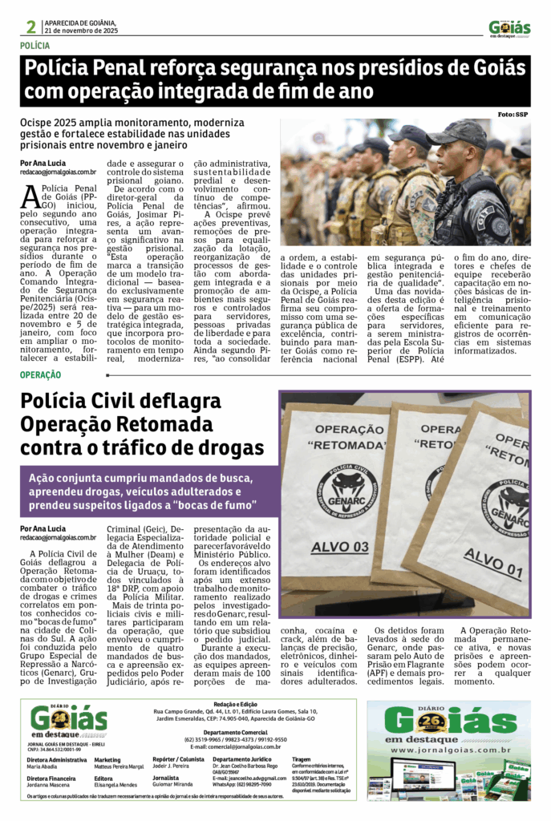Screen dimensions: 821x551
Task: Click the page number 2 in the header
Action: [x=31, y=27]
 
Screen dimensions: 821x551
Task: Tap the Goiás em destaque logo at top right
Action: [x=509, y=28]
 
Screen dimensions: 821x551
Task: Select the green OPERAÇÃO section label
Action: [x=41, y=374]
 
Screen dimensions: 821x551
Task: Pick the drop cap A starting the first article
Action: [x=30, y=196]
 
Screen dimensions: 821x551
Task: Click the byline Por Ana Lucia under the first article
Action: [x=43, y=163]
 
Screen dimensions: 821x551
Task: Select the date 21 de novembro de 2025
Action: [x=81, y=30]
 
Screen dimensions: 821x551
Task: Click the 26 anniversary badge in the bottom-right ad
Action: [x=457, y=722]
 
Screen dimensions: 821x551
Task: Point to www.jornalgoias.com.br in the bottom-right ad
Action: [x=457, y=750]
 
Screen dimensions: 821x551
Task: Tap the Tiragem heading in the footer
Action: [x=303, y=758]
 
